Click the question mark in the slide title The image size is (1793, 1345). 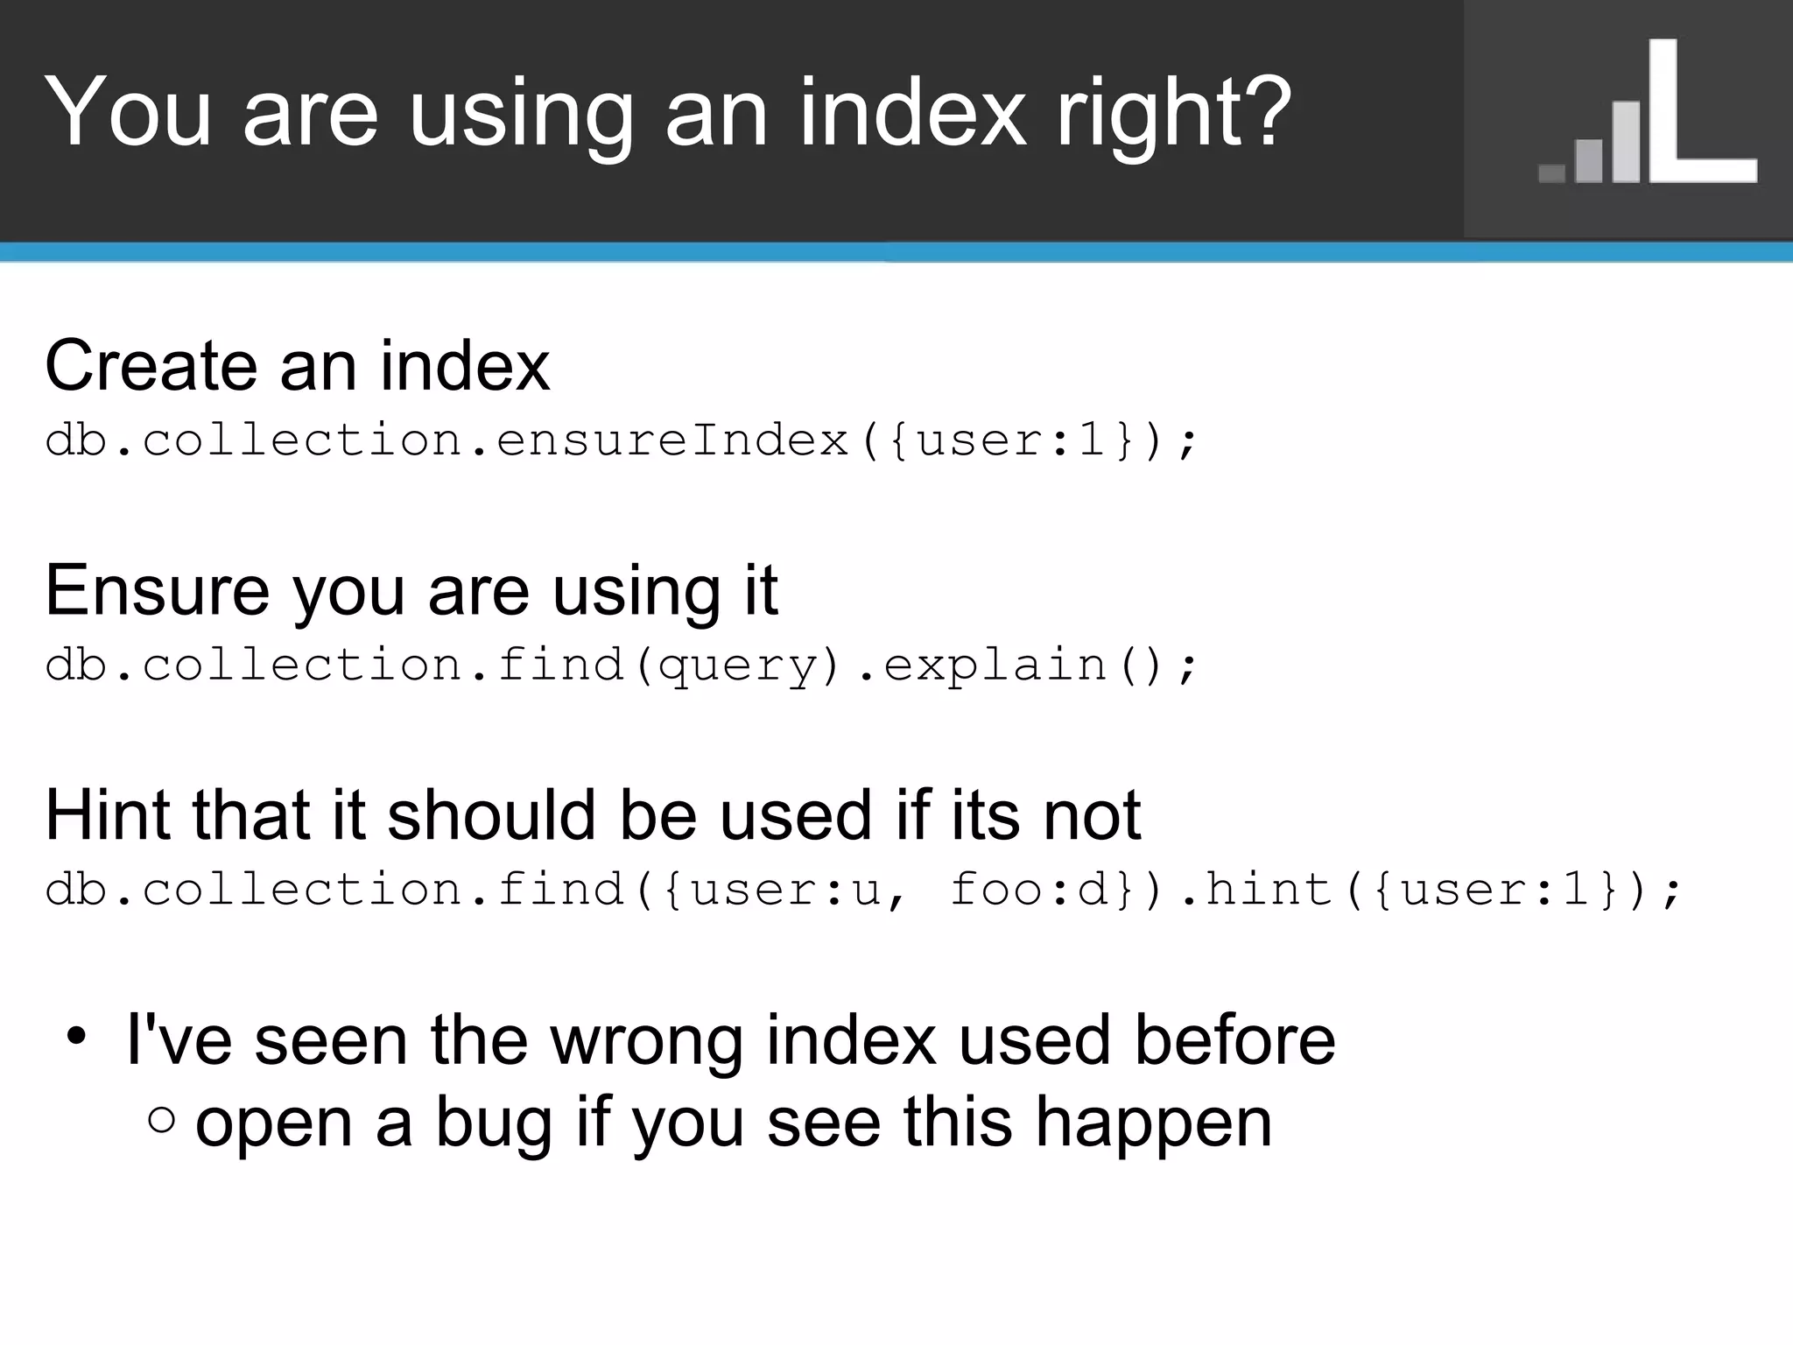coord(1262,112)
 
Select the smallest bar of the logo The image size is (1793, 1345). coord(1551,173)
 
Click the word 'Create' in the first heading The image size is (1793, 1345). coord(150,365)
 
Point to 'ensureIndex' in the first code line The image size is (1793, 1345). coord(673,440)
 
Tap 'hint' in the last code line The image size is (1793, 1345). coord(1269,890)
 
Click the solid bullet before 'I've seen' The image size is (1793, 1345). coord(76,1037)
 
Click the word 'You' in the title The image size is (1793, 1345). coord(128,112)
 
